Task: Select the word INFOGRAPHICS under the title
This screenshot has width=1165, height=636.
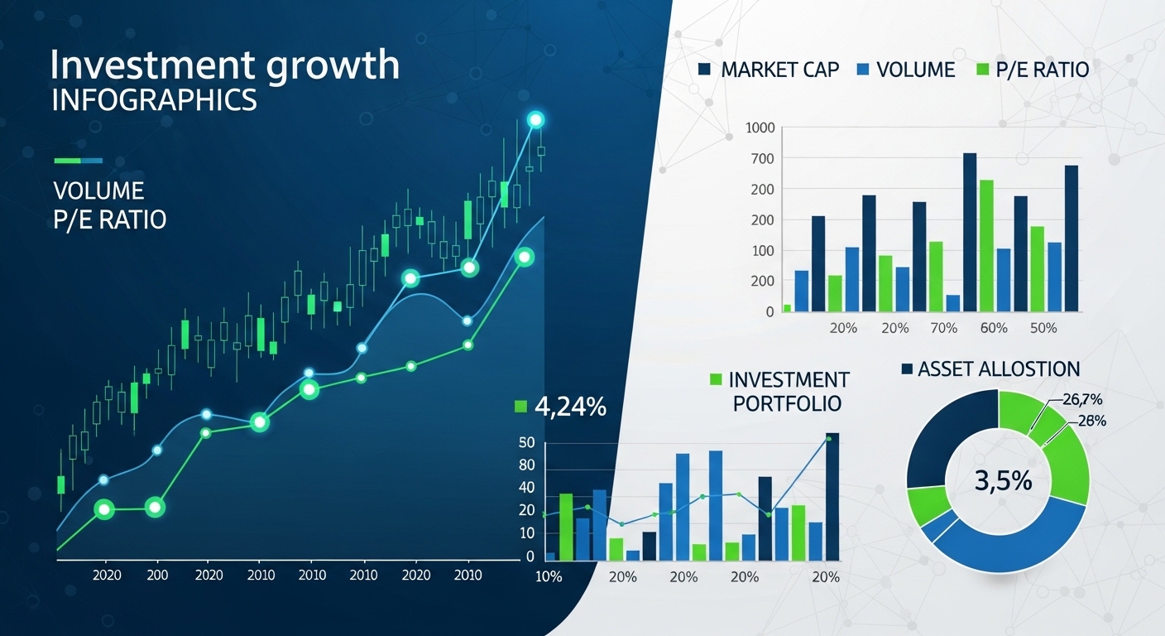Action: [155, 100]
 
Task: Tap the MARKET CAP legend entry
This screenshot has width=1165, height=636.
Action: [769, 70]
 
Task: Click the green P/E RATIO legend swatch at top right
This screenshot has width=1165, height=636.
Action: [982, 70]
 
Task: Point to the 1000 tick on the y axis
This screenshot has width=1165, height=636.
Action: [760, 128]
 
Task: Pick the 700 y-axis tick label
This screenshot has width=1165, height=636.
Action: [762, 158]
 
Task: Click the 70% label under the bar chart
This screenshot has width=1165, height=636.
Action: [943, 328]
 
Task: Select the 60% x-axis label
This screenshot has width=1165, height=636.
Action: [994, 328]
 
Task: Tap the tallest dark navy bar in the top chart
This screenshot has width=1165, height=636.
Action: [970, 232]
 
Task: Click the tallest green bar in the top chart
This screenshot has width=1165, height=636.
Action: [986, 246]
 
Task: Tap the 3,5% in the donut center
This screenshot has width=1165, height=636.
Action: [1004, 481]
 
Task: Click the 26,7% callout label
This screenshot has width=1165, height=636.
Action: [1082, 399]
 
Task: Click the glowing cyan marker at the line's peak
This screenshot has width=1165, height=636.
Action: [535, 120]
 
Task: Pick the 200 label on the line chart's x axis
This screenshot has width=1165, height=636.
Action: [157, 575]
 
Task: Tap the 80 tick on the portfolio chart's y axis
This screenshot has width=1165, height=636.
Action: [527, 465]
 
